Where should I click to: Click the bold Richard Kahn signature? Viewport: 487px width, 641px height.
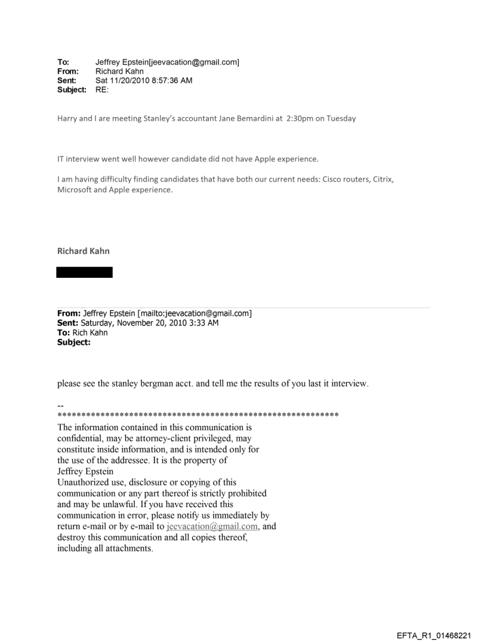click(83, 252)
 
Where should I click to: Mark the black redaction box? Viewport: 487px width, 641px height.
click(84, 272)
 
